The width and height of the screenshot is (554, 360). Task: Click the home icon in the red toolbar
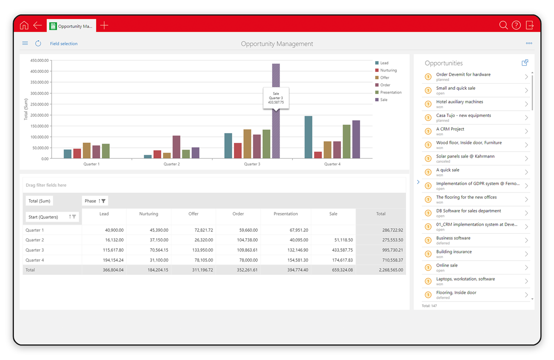point(24,25)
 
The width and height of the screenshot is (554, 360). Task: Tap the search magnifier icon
point(503,25)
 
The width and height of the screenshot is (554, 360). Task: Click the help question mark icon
point(516,25)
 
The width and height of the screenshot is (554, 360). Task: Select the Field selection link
point(63,43)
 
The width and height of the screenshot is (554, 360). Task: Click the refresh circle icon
point(38,43)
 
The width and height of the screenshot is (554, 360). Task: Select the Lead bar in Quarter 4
point(309,137)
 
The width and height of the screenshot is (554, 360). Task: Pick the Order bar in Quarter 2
point(176,147)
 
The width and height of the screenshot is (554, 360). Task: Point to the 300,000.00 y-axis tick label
point(40,93)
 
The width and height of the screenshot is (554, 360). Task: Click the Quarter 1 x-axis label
point(92,164)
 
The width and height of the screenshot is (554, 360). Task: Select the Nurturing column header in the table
point(149,213)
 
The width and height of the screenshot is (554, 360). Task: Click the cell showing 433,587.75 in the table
point(342,250)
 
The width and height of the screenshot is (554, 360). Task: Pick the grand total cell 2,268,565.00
point(391,270)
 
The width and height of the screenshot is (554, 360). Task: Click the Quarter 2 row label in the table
point(35,240)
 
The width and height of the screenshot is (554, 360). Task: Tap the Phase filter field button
point(95,201)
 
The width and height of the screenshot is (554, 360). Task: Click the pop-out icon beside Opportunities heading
point(525,63)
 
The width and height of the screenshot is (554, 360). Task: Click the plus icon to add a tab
point(104,25)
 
